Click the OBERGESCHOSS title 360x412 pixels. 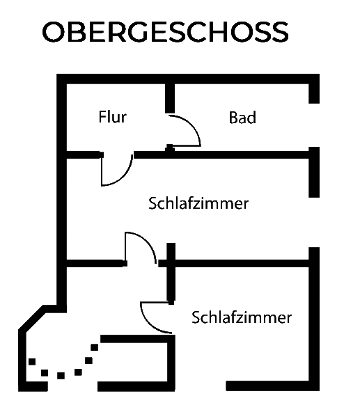pyautogui.click(x=165, y=32)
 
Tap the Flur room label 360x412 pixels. pyautogui.click(x=113, y=117)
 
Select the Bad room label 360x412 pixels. pyautogui.click(x=242, y=118)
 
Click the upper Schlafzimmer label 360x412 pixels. pyautogui.click(x=198, y=203)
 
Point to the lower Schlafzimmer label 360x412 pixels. pyautogui.click(x=242, y=317)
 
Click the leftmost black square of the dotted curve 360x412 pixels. pyautogui.click(x=32, y=362)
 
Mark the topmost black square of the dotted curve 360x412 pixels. pyautogui.click(x=95, y=347)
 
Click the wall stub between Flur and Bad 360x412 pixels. pyautogui.click(x=170, y=98)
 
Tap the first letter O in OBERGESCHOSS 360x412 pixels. pyautogui.click(x=54, y=32)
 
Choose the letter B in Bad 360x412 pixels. pyautogui.click(x=233, y=118)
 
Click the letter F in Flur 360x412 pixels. pyautogui.click(x=102, y=117)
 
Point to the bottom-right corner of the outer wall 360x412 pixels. pyautogui.click(x=319, y=390)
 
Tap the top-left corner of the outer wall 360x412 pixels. pyautogui.click(x=57, y=74)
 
